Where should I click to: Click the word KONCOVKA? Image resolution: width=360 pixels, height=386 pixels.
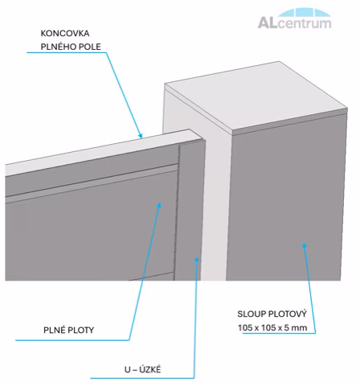point(65,34)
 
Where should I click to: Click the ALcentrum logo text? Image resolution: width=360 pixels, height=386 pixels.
point(294,23)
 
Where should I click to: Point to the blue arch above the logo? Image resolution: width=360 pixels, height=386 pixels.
point(303,13)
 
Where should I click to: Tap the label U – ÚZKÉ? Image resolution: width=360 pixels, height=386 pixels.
point(142,370)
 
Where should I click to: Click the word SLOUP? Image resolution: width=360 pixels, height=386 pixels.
point(252,314)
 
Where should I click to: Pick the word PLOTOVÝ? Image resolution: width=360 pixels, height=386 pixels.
point(288,314)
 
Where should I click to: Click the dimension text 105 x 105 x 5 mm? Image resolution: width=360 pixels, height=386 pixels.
point(272,327)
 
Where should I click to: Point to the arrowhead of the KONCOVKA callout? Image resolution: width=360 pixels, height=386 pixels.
point(140,135)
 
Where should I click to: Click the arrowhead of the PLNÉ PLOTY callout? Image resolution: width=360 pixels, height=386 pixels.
point(159,206)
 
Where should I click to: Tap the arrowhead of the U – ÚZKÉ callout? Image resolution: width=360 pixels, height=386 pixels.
point(197,260)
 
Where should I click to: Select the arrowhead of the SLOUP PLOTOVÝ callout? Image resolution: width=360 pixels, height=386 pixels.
point(305,245)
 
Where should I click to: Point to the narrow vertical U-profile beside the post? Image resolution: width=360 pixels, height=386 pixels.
point(190,211)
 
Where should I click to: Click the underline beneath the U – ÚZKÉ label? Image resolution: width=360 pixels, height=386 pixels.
point(142,378)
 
